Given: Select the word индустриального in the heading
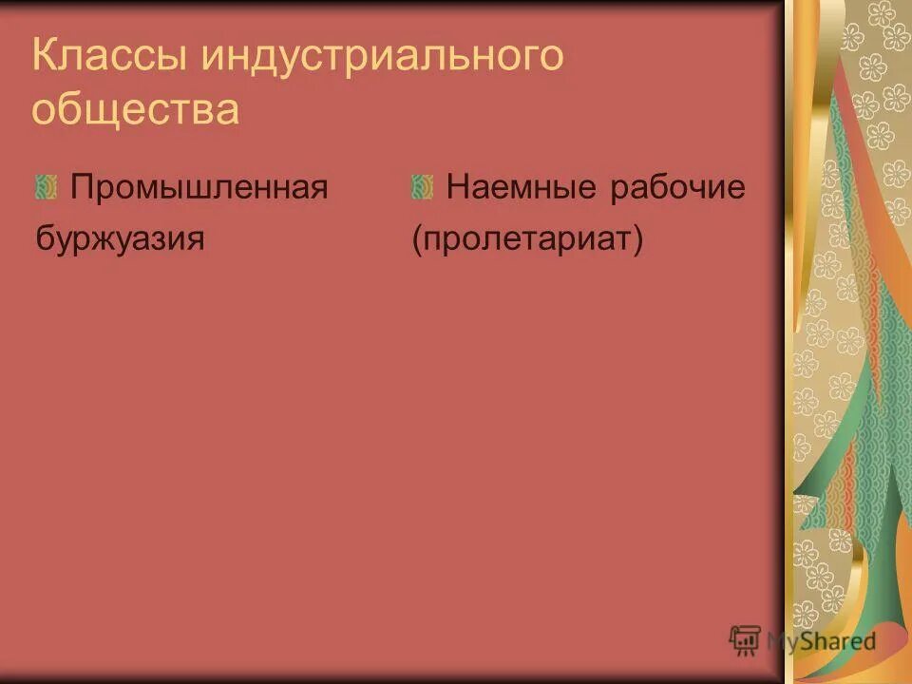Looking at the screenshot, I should [381, 58].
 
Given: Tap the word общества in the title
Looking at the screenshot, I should [135, 109].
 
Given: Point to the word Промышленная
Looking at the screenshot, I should [199, 188].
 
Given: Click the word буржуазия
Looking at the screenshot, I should [120, 237].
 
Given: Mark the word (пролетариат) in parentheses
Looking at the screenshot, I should [527, 238].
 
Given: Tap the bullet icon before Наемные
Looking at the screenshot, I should [422, 187].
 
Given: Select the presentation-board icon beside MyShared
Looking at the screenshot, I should [745, 641].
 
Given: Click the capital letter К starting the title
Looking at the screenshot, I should [44, 58].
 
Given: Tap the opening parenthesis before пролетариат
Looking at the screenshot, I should [417, 238].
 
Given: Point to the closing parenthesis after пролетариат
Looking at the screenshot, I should [638, 238].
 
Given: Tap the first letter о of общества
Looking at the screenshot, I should [43, 111].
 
